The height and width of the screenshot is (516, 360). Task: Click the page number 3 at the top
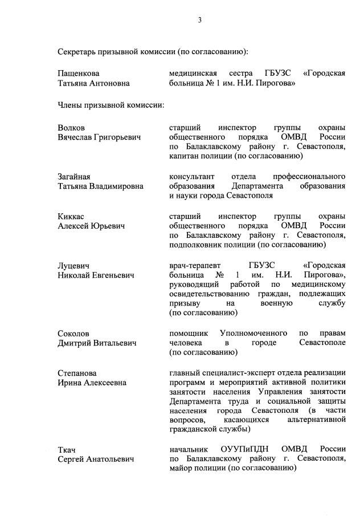coord(199,21)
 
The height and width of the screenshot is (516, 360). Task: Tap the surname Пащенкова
coord(79,74)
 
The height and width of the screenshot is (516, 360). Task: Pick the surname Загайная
coord(74,177)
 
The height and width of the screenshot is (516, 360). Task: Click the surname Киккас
coord(72,216)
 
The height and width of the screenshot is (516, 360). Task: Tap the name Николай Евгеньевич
coord(96,275)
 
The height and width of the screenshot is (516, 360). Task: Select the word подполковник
coord(197,245)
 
